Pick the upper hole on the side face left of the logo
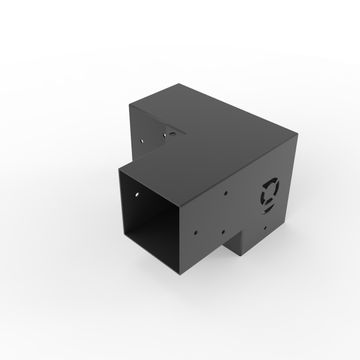[229, 197]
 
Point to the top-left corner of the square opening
[116, 171]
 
